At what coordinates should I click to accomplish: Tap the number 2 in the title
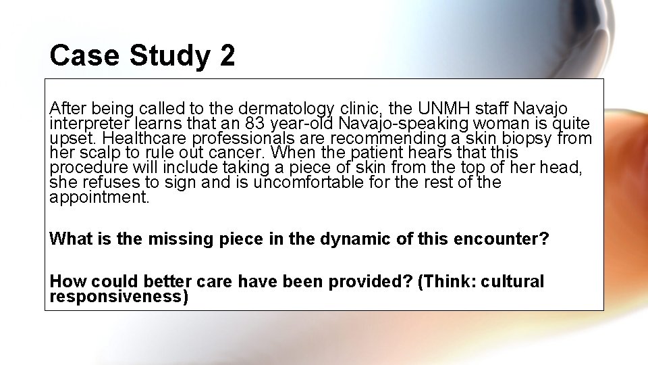pyautogui.click(x=227, y=55)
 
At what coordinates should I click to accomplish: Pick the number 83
pyautogui.click(x=256, y=124)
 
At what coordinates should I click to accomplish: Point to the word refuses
pyautogui.click(x=95, y=182)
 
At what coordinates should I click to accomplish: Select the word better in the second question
pyautogui.click(x=157, y=282)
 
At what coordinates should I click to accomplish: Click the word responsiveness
pyautogui.click(x=118, y=296)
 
